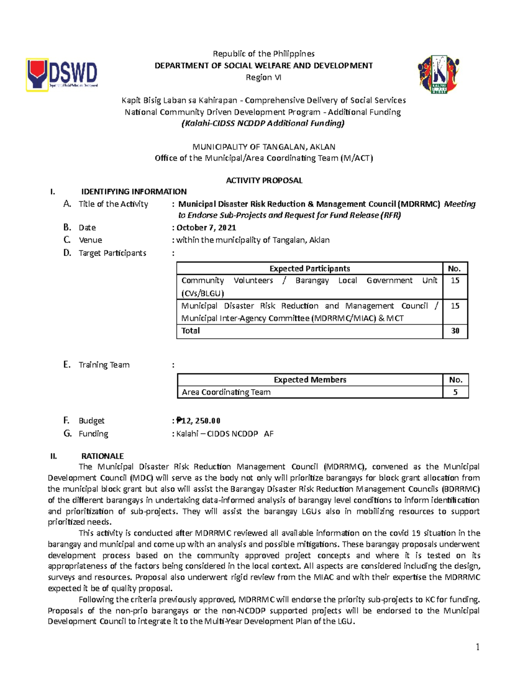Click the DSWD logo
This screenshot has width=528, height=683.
point(62,75)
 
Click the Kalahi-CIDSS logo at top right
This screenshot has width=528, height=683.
point(438,74)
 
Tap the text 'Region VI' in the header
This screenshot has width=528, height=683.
point(263,77)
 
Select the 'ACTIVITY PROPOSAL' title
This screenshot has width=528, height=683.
point(264,180)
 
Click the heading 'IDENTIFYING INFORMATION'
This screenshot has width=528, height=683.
point(134,192)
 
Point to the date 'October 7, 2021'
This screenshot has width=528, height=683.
point(206,227)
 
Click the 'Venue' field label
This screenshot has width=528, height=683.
point(90,240)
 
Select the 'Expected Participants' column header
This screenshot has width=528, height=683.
point(309,269)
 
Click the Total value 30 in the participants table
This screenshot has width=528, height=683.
point(455,331)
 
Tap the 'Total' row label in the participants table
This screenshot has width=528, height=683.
point(191,331)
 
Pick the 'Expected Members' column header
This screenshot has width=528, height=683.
point(310,380)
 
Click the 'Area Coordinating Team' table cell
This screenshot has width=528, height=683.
point(226,392)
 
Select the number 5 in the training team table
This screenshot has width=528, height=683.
point(455,392)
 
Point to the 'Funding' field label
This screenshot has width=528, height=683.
point(93,434)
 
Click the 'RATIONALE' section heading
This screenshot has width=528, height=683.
point(102,456)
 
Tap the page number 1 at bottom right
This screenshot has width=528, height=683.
point(477,647)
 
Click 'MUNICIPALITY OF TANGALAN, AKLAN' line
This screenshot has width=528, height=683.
point(264,147)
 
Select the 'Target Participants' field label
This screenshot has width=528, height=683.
point(112,253)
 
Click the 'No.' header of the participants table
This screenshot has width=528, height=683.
point(454,269)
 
